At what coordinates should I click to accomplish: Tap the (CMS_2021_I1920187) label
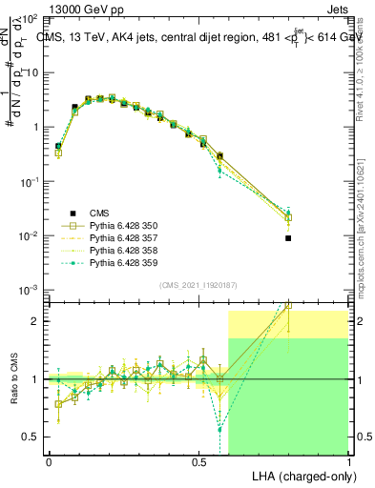pos(198,285)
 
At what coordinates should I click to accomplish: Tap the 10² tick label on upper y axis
pos(29,19)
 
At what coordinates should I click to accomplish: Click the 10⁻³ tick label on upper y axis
pos(29,290)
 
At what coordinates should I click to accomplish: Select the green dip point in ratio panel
pos(220,429)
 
